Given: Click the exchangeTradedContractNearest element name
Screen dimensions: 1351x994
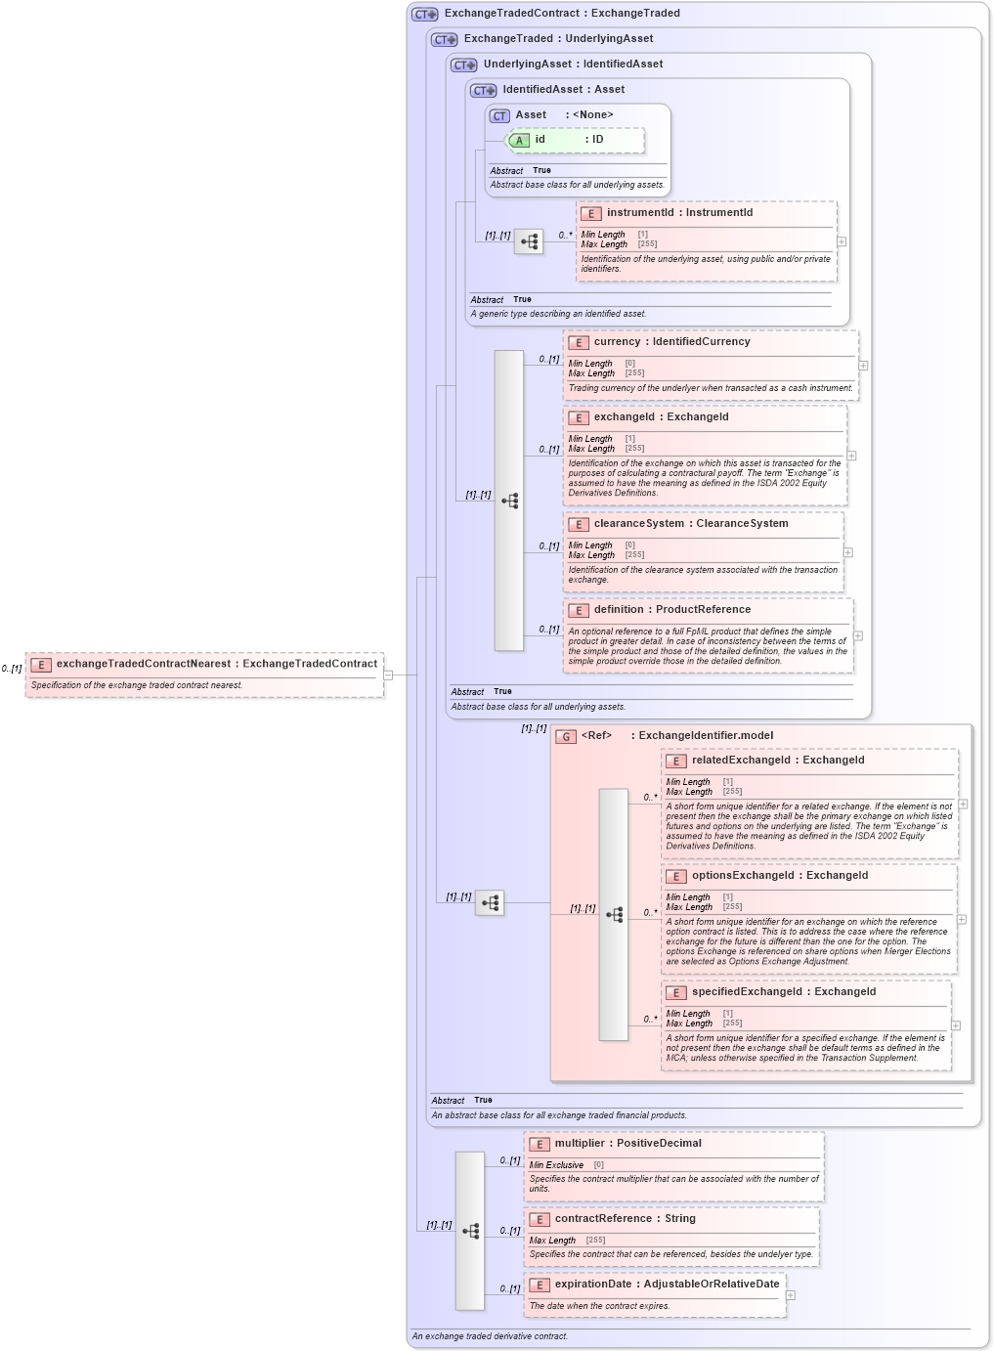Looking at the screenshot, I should pyautogui.click(x=143, y=664).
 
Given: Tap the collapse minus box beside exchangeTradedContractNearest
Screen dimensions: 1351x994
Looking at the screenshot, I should pyautogui.click(x=388, y=675).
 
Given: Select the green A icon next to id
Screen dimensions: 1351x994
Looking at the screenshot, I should pyautogui.click(x=520, y=141).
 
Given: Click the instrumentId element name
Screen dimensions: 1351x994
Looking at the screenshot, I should pyautogui.click(x=639, y=213).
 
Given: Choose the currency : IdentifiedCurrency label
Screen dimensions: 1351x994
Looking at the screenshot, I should pyautogui.click(x=671, y=342).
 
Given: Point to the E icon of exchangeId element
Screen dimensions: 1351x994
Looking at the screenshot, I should pyautogui.click(x=579, y=418).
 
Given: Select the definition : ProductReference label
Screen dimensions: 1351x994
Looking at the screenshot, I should pyautogui.click(x=671, y=610).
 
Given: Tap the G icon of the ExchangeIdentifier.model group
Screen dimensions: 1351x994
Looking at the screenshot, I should pyautogui.click(x=566, y=737).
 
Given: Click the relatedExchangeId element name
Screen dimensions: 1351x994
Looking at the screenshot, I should pyautogui.click(x=741, y=761).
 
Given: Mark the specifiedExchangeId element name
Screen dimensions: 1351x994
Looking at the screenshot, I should pyautogui.click(x=746, y=992).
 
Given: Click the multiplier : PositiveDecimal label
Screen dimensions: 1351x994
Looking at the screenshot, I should pyautogui.click(x=627, y=1144).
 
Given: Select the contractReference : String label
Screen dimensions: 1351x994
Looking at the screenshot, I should pyautogui.click(x=625, y=1219).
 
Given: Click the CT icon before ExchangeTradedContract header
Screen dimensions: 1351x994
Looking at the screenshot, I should pyautogui.click(x=425, y=15).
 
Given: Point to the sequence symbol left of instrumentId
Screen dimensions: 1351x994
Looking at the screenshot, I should pyautogui.click(x=529, y=241).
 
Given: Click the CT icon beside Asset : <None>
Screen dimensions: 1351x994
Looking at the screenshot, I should pyautogui.click(x=499, y=116).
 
